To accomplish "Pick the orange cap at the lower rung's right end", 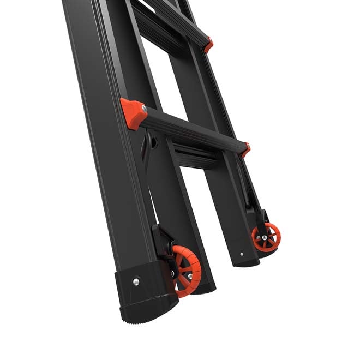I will coord(245,149).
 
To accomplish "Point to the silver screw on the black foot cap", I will coord(136,281).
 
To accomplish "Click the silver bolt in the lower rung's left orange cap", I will coord(143,109).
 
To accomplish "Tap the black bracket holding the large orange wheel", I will coord(162,240).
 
